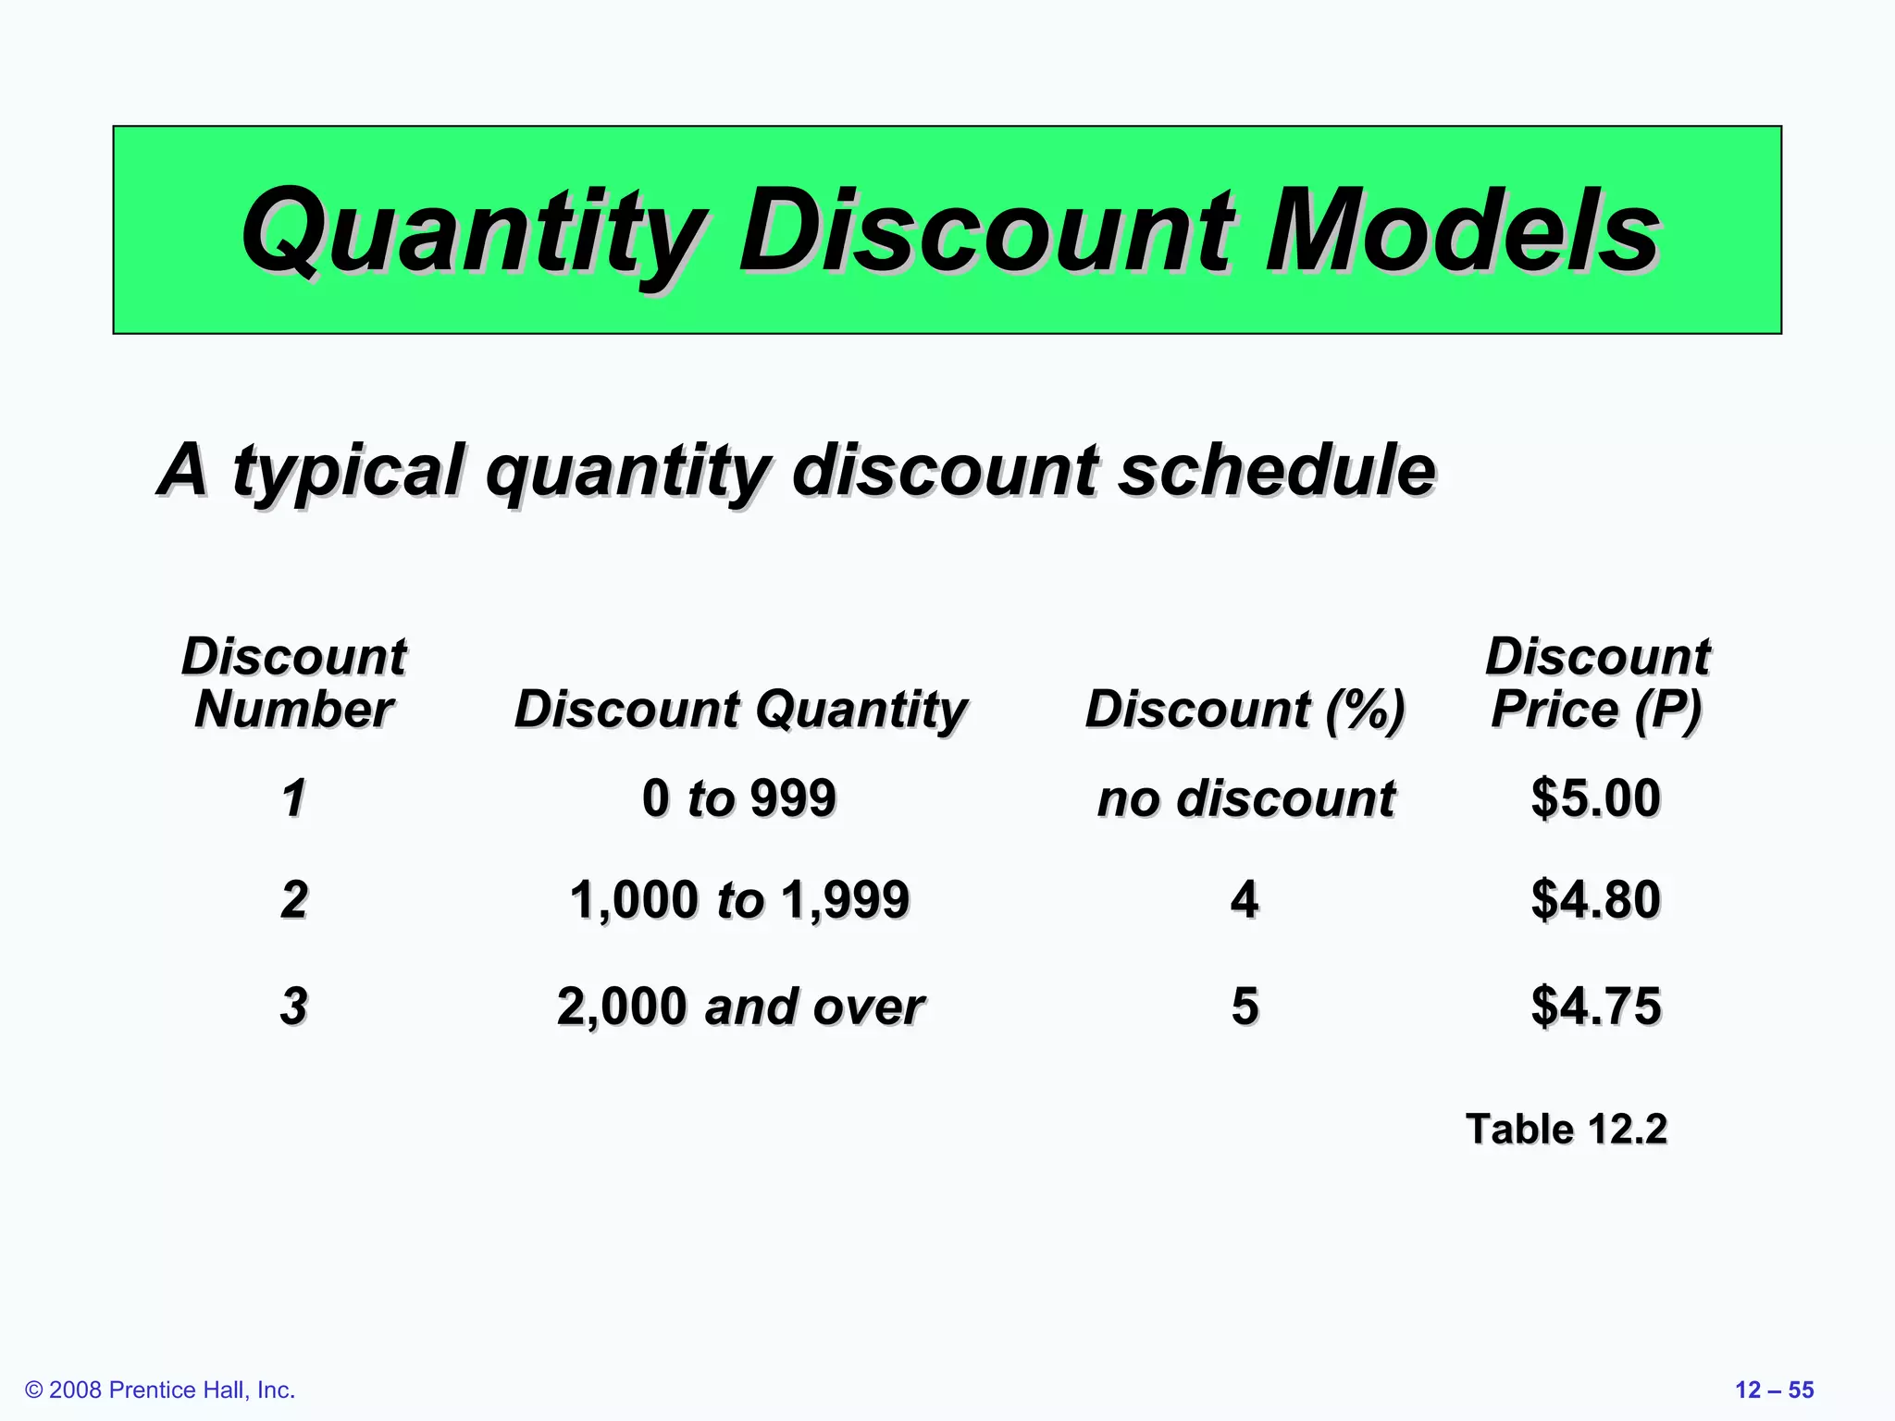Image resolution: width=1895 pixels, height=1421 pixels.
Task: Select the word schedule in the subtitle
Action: point(1277,470)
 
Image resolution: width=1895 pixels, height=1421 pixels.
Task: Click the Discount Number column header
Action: point(294,683)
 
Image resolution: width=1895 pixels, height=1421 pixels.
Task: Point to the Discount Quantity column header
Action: point(740,710)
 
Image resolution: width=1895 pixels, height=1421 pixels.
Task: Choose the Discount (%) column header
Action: point(1245,710)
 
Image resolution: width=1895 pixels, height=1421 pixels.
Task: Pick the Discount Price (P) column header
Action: point(1597,683)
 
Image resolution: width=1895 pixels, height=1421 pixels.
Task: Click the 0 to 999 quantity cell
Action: point(738,797)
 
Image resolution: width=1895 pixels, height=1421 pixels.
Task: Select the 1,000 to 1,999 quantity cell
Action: point(738,899)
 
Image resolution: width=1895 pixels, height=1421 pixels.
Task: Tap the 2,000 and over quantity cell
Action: point(740,1006)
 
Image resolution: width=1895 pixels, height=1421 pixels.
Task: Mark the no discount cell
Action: point(1245,797)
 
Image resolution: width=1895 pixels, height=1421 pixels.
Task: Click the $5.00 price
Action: point(1595,797)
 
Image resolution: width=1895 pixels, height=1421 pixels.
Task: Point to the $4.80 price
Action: point(1595,899)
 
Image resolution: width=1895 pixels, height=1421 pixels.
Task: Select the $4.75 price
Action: point(1595,1006)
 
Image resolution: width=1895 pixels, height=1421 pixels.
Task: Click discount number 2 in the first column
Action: point(294,899)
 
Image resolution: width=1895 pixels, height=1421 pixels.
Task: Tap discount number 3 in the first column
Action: point(294,1006)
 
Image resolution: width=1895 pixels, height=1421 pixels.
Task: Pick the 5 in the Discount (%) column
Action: point(1245,1006)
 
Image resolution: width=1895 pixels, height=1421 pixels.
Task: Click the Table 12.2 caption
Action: point(1566,1130)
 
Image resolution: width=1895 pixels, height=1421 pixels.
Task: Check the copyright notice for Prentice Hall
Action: point(160,1390)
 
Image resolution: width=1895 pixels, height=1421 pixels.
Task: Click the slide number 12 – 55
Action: point(1774,1390)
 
